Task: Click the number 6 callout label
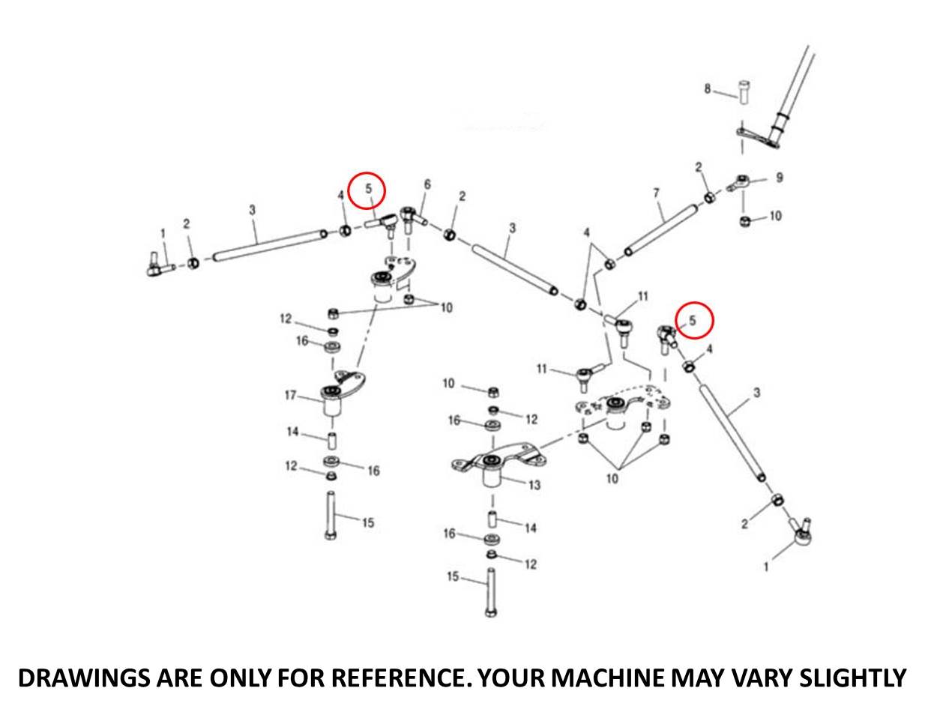[x=427, y=184]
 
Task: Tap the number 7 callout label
[x=656, y=193]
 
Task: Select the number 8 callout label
[x=706, y=89]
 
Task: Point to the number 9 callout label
[x=779, y=178]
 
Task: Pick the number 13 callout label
[x=534, y=486]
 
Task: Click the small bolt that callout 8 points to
[x=744, y=93]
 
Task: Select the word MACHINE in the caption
[x=606, y=678]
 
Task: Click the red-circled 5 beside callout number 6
[x=368, y=190]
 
